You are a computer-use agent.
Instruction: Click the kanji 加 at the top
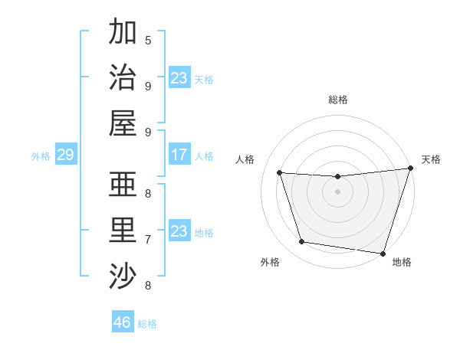123,32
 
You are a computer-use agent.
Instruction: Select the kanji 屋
123,123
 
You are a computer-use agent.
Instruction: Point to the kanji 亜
123,185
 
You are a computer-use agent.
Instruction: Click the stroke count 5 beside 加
148,40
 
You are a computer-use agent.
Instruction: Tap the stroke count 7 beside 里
148,239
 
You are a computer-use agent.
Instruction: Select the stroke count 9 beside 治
148,86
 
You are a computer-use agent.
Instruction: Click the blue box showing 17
179,155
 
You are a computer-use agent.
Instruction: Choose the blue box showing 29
65,155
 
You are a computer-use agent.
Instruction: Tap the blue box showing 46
123,322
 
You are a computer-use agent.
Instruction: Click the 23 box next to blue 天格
179,78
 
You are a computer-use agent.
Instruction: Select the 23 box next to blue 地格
179,231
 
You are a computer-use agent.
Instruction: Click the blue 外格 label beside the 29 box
41,156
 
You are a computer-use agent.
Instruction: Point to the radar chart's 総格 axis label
338,100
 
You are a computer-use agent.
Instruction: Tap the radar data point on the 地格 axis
383,253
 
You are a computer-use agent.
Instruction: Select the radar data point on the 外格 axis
301,242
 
